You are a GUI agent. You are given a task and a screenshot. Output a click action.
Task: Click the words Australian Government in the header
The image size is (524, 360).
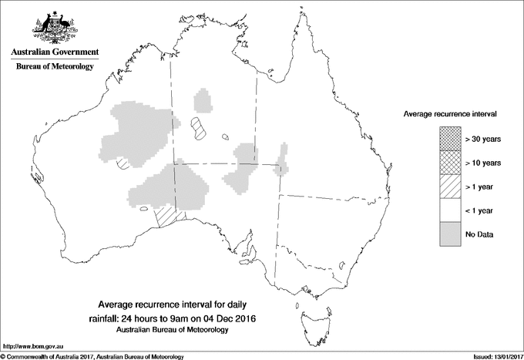coord(54,52)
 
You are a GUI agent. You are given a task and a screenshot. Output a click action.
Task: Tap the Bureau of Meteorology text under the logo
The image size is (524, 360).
coord(54,67)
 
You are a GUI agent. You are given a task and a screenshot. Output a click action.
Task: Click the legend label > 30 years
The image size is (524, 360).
coord(483,139)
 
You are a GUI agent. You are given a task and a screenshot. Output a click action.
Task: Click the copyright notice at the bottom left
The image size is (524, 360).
coord(92,356)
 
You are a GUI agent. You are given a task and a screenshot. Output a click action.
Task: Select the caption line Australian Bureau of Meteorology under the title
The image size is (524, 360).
coord(171,330)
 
